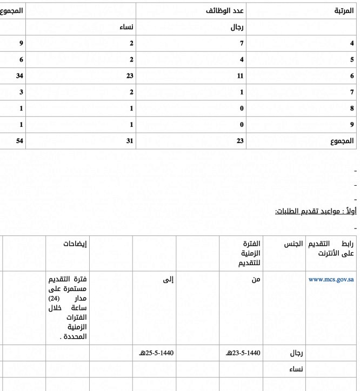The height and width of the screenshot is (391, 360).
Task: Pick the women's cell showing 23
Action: [x=129, y=76]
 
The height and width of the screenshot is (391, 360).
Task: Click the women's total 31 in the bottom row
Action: [x=129, y=141]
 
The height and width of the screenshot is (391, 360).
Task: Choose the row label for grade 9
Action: [x=352, y=125]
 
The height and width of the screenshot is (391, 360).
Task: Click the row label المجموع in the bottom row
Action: [x=341, y=141]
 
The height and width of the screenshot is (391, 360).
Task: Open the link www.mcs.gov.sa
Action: [x=331, y=280]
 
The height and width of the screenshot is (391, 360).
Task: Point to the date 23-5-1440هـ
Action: [x=243, y=353]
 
